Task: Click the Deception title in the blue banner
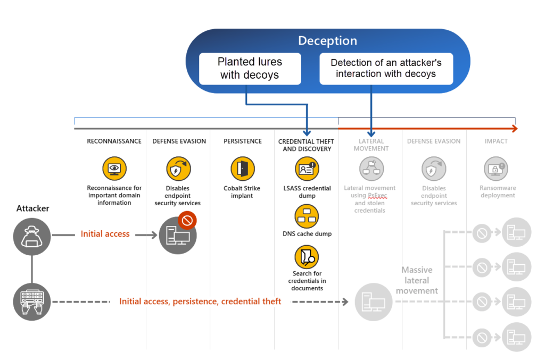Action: click(x=327, y=41)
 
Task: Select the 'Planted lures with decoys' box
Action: click(x=250, y=69)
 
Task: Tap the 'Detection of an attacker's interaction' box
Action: click(x=386, y=69)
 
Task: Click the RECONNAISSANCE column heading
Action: click(x=114, y=141)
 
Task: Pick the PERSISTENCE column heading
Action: click(x=242, y=141)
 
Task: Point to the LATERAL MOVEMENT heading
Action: click(x=370, y=145)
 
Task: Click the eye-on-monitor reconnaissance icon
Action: click(x=114, y=169)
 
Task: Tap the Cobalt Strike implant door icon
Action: click(x=242, y=169)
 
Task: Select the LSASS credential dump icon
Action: click(x=307, y=169)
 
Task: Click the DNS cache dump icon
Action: click(x=307, y=216)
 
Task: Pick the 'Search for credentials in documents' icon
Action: click(x=307, y=256)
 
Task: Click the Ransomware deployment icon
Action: click(x=496, y=169)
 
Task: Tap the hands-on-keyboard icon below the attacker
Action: click(x=32, y=302)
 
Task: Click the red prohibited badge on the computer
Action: click(x=187, y=219)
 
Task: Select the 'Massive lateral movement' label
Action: click(x=417, y=280)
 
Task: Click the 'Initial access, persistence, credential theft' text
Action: click(x=200, y=302)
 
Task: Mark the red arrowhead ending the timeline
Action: click(x=514, y=128)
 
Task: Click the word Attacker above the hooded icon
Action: click(x=32, y=208)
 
